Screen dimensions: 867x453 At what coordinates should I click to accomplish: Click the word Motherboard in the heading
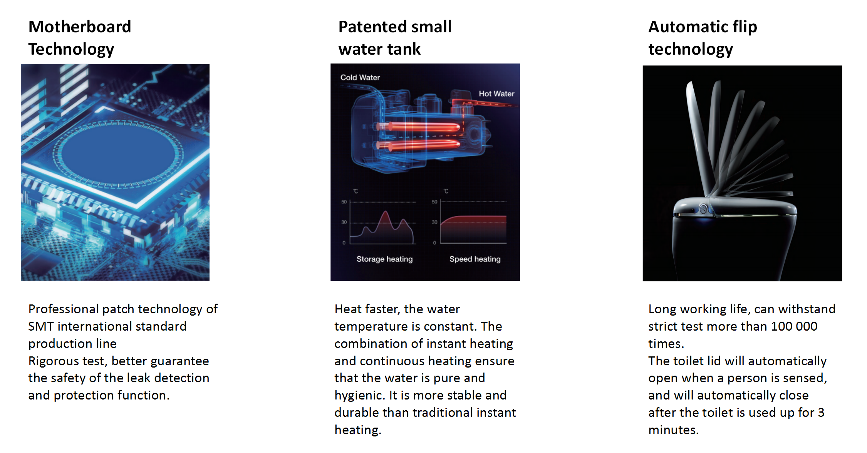click(80, 27)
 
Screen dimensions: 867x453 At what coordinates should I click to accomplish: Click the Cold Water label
click(360, 77)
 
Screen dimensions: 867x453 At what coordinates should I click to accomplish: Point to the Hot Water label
click(496, 94)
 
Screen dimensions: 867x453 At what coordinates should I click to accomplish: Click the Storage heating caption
click(384, 259)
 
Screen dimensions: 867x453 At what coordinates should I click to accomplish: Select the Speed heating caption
click(475, 259)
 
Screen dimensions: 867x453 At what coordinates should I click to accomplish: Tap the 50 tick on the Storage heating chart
click(344, 202)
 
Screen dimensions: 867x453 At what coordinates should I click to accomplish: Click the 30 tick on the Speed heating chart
click(434, 222)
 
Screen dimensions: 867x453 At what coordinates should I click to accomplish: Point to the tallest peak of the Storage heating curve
click(385, 211)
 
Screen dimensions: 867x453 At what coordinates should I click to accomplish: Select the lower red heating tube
click(419, 145)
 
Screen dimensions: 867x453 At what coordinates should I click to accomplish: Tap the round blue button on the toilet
click(703, 209)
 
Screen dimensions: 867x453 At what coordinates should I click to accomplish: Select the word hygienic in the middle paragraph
click(360, 396)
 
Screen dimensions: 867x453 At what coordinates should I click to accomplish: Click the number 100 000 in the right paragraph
click(794, 326)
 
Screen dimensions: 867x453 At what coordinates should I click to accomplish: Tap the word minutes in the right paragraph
click(673, 430)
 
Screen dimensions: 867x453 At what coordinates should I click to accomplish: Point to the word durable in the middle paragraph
click(357, 413)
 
